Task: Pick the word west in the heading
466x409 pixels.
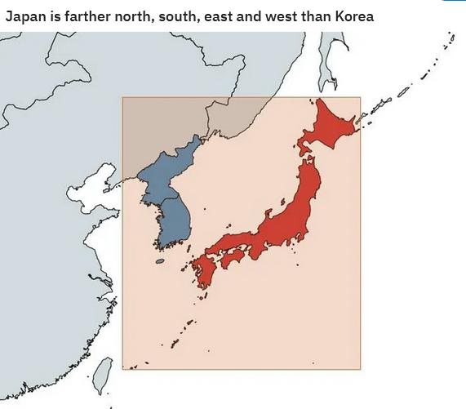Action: pos(288,16)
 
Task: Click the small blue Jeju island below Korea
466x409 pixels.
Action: pos(159,261)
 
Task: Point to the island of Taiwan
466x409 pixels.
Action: pos(100,376)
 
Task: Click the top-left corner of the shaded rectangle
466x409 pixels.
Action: pos(122,98)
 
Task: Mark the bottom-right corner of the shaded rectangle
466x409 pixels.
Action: pos(360,368)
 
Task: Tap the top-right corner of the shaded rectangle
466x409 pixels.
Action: pos(360,98)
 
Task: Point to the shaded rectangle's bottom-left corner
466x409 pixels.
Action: pos(122,368)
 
